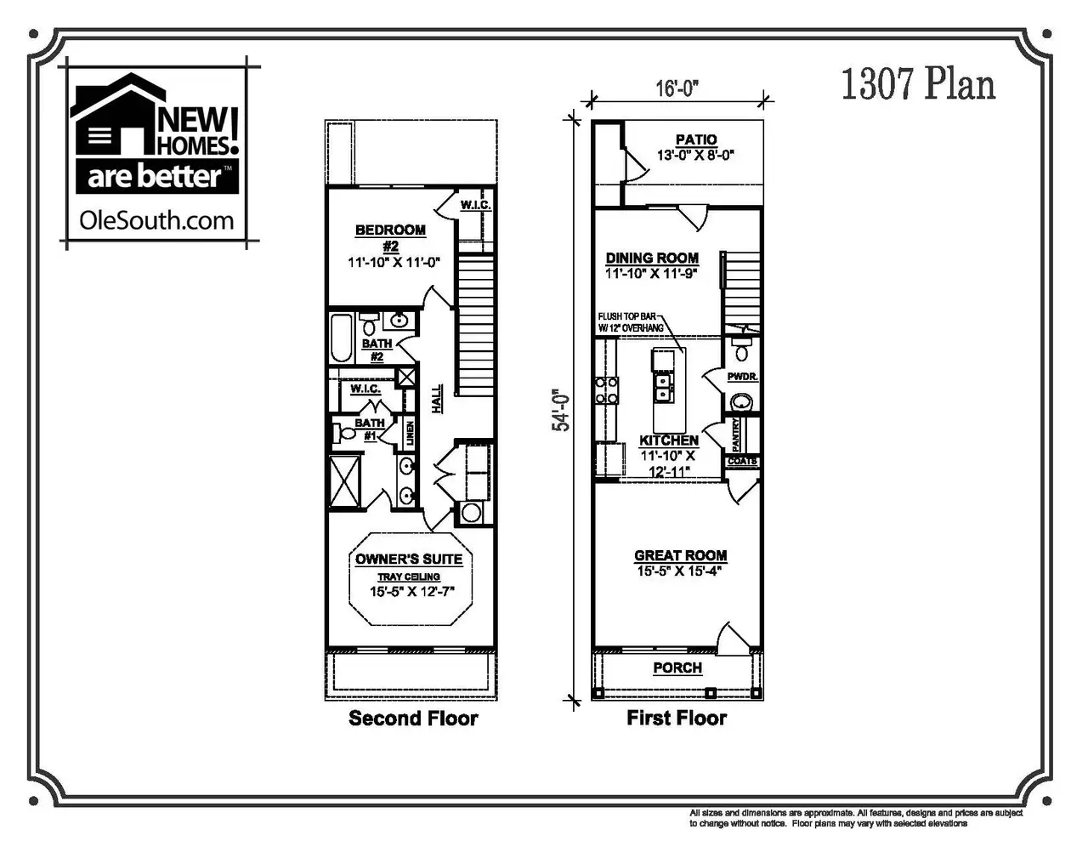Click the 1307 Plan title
(917, 86)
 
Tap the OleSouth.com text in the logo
(156, 220)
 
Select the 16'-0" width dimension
(677, 88)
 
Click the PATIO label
(695, 139)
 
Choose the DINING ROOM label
(652, 258)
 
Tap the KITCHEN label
(669, 440)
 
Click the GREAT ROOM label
(680, 555)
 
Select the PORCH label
(677, 668)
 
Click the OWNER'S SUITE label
(409, 559)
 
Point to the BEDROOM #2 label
(390, 236)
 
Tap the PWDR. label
(742, 376)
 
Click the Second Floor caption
(413, 719)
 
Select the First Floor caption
(677, 719)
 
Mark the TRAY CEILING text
(409, 577)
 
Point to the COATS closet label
(742, 462)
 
